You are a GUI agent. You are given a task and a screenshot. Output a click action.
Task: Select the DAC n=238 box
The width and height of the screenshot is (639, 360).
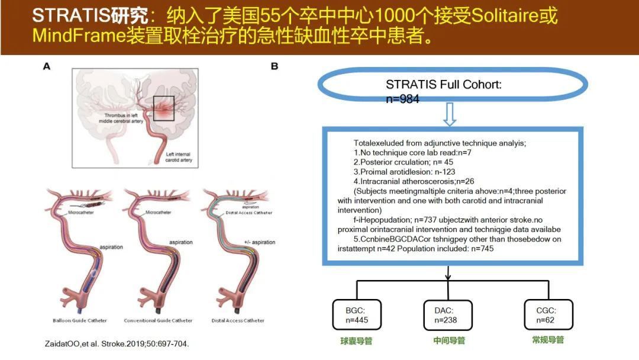click(x=448, y=315)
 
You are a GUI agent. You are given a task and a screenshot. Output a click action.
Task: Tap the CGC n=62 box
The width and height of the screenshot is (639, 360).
click(x=548, y=315)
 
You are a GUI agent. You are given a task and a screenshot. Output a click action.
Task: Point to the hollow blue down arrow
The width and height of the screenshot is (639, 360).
click(x=449, y=115)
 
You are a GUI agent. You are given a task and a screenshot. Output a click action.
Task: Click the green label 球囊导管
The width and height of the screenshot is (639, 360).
click(x=356, y=341)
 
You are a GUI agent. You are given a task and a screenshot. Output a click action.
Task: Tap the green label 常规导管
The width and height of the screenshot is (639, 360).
click(x=548, y=340)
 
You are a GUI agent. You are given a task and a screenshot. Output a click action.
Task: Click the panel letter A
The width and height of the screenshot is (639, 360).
click(x=47, y=66)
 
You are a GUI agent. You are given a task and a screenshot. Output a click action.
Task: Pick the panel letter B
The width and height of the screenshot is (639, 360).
click(x=275, y=66)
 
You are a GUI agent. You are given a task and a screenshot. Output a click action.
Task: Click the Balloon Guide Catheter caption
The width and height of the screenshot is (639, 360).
click(x=79, y=321)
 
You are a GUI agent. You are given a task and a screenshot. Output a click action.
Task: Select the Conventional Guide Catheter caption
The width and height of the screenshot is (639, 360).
click(x=158, y=321)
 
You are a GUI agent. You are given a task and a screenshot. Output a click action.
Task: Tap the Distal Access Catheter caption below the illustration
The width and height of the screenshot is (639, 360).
click(x=235, y=321)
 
